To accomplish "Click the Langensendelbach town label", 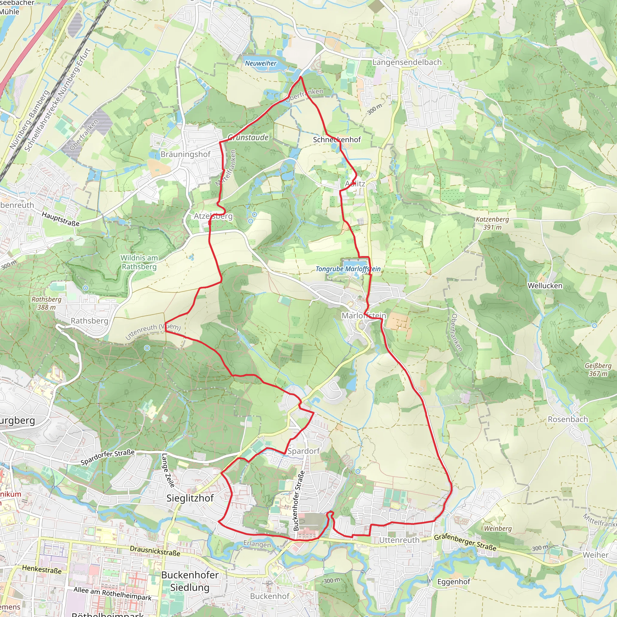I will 407,62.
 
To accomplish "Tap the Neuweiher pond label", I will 261,63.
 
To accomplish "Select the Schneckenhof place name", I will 337,139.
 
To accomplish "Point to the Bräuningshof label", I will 186,154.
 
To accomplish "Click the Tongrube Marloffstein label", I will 348,269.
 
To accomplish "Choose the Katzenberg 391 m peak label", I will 492,223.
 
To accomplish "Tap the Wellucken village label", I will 545,286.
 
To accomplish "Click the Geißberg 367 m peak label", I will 598,369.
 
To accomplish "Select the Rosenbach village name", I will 568,419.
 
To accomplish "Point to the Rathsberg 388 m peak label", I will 46,303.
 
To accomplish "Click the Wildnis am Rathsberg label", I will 139,262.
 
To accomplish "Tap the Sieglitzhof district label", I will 190,498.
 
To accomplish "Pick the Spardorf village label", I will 303,451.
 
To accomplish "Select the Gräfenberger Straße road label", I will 465,542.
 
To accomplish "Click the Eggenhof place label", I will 453,582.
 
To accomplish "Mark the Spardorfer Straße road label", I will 107,457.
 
